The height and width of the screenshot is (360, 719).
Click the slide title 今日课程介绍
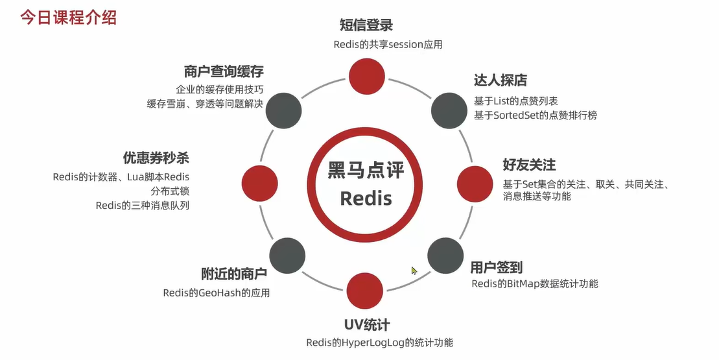68,17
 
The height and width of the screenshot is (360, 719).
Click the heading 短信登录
366,25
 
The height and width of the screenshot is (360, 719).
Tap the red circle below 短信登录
366,77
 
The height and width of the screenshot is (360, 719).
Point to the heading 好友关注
529,165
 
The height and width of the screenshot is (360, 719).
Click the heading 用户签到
496,267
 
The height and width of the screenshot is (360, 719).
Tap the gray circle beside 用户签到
445,255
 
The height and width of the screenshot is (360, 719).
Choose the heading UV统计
366,324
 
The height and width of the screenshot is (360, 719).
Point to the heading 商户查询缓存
223,71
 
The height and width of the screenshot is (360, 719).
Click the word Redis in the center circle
366,197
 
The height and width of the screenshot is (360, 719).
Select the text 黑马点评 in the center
366,171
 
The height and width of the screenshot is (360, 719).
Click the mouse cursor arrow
414,270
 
